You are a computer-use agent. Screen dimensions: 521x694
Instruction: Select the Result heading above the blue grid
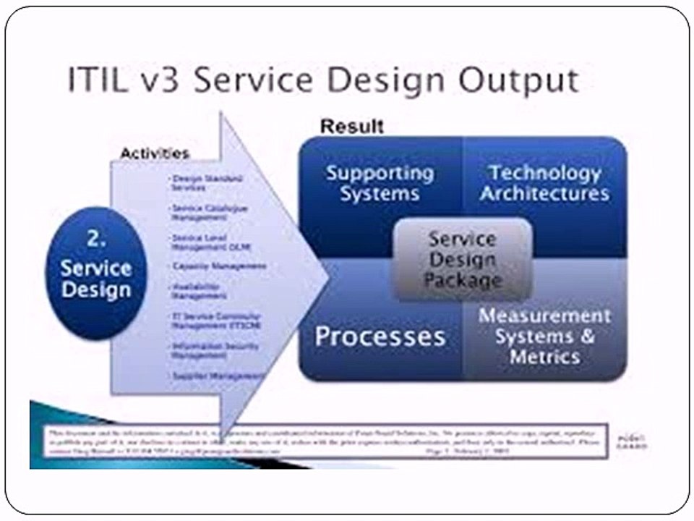[x=352, y=126]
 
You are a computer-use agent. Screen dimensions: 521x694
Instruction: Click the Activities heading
[x=154, y=153]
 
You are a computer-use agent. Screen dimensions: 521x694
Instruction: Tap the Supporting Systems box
[x=380, y=184]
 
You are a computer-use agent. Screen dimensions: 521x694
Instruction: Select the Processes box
[x=380, y=336]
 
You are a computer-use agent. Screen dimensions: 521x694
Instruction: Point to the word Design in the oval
[x=96, y=290]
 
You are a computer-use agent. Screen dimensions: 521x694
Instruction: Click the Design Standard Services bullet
[x=197, y=182]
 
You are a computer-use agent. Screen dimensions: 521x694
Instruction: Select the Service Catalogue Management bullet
[x=200, y=212]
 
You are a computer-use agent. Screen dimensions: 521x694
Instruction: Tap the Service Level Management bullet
[x=200, y=242]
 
